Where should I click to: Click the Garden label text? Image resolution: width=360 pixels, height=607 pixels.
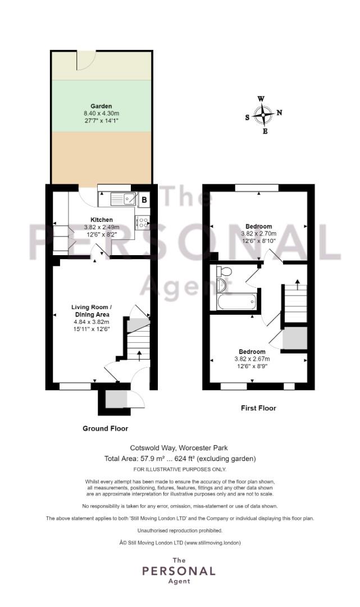click(x=101, y=106)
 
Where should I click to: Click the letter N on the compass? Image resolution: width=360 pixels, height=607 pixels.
click(x=279, y=112)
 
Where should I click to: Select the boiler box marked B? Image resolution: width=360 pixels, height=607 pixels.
click(x=144, y=199)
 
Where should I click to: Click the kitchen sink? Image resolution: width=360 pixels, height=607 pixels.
click(x=124, y=198)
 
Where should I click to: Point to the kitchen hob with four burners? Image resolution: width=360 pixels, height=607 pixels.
click(x=143, y=223)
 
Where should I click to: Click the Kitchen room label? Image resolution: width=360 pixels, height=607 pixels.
click(x=102, y=220)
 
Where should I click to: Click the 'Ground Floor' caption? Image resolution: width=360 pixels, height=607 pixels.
click(x=105, y=428)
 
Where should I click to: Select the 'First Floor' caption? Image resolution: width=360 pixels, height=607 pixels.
click(x=258, y=408)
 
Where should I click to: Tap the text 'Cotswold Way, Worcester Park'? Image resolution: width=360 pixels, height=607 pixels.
click(x=180, y=448)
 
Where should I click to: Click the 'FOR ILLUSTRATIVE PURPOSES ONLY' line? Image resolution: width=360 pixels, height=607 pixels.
click(x=180, y=469)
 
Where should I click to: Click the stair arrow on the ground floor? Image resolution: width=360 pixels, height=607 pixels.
click(x=139, y=354)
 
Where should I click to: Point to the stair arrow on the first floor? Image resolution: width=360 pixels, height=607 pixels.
click(x=297, y=281)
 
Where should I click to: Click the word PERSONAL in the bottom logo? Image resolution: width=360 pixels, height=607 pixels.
click(x=179, y=571)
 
